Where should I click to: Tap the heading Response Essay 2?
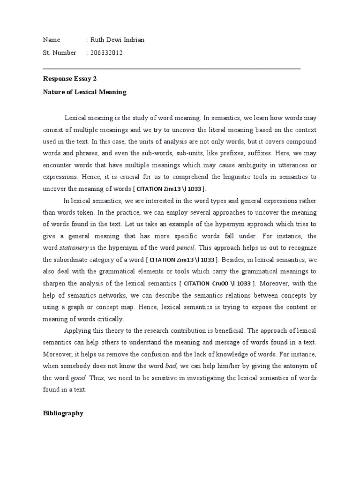[70, 79]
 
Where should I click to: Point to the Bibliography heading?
[63, 413]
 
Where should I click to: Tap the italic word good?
[79, 378]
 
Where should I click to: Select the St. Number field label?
[60, 53]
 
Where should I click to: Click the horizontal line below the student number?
[172, 68]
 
